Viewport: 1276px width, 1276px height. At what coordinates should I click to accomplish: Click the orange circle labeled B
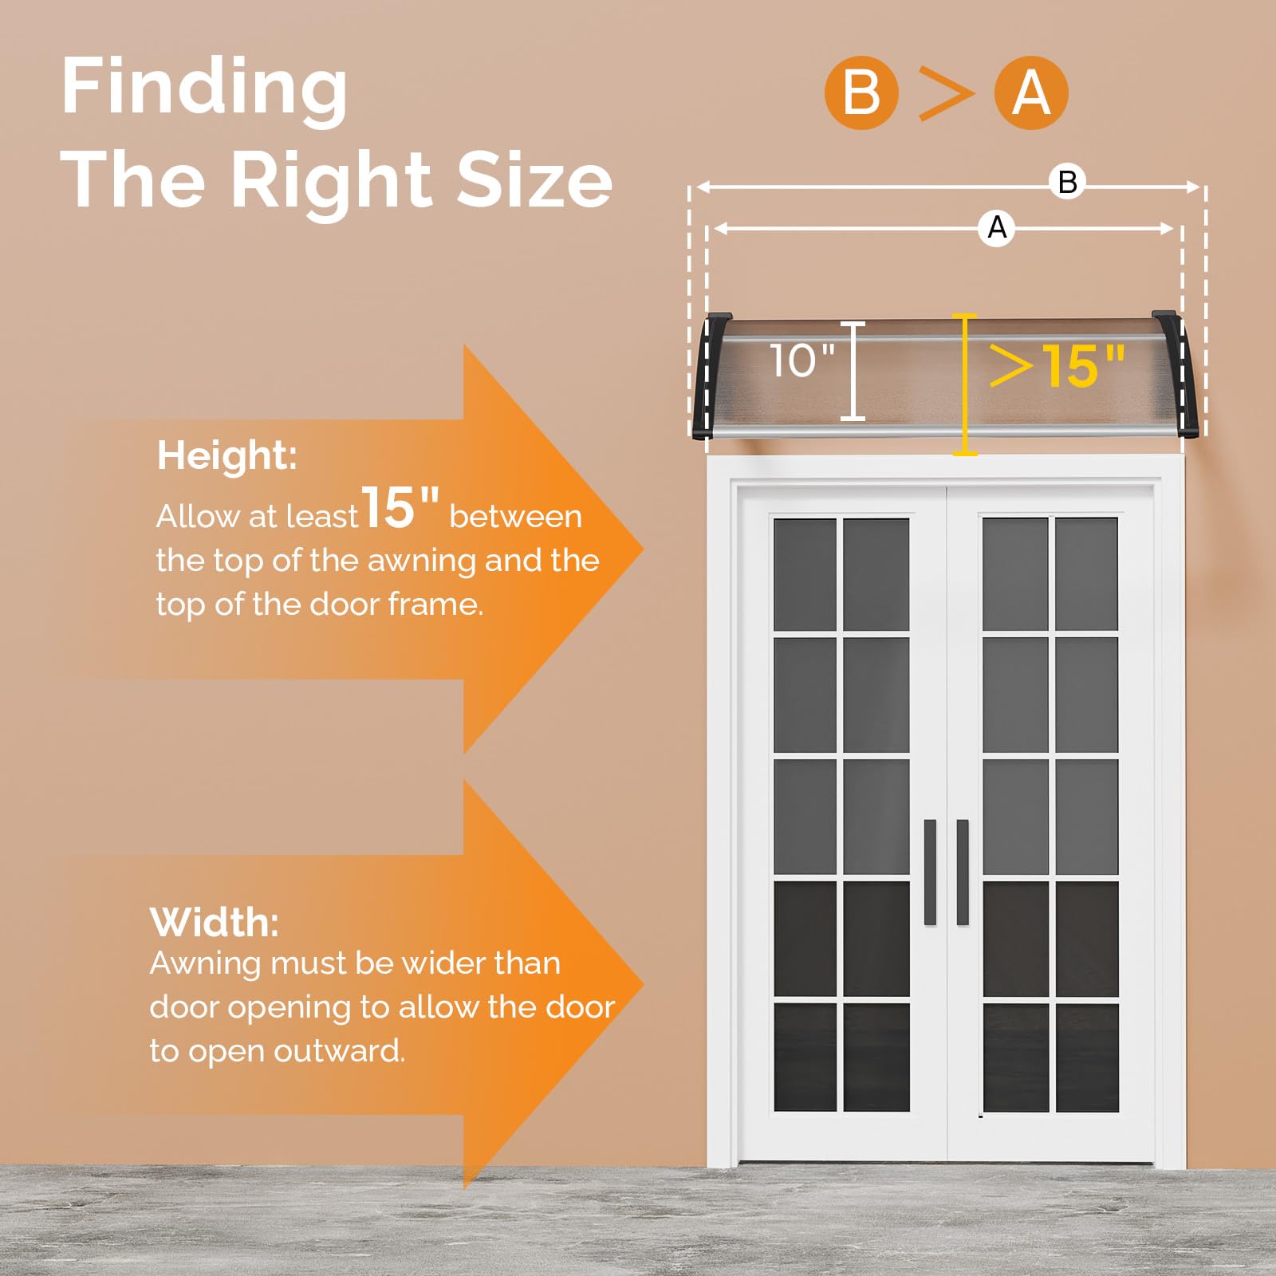pos(861,93)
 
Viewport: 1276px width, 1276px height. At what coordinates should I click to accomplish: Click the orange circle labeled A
pos(1031,93)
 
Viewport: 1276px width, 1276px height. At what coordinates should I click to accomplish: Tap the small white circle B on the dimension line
pos(1068,182)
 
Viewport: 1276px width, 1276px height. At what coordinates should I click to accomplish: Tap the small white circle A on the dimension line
pos(997,228)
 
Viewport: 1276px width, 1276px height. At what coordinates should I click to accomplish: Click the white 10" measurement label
pos(802,360)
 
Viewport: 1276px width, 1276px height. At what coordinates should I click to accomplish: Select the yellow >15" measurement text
pos(1057,366)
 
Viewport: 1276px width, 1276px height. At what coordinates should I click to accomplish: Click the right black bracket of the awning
pos(1177,374)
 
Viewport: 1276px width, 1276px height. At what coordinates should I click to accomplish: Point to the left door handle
pos(930,872)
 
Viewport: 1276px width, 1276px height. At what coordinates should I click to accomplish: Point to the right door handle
pos(962,872)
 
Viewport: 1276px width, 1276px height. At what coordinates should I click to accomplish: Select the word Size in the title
pos(535,180)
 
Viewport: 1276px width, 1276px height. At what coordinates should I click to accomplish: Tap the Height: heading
pos(227,456)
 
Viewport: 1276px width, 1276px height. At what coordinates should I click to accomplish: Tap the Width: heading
pos(215,923)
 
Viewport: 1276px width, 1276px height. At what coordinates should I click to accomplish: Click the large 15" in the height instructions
pos(400,507)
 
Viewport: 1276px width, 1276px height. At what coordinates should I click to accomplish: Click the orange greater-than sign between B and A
pos(946,93)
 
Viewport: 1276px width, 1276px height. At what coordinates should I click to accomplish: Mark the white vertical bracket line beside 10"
pos(853,371)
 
